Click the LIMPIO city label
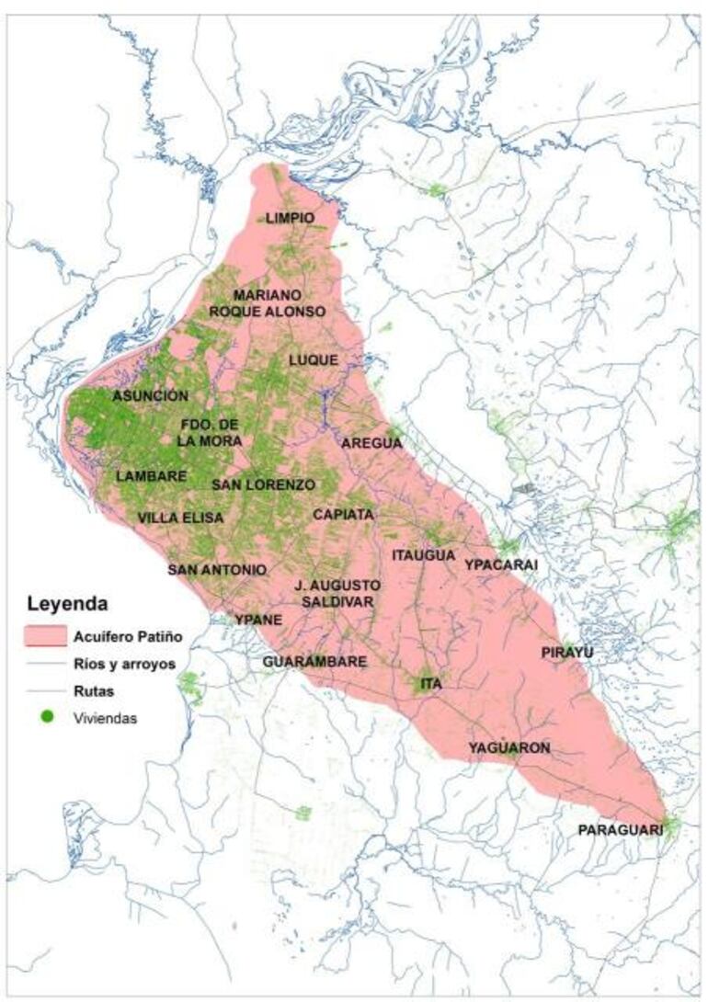pos(290,218)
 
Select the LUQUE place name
pos(313,359)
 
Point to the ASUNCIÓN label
pos(150,395)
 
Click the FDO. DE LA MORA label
pos(211,433)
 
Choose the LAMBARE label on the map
pos(152,476)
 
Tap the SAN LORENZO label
pos(263,484)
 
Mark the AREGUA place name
pos(371,443)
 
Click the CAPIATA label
pos(342,515)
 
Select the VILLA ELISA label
pos(180,518)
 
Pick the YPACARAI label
pos(500,564)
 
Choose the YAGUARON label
pos(508,747)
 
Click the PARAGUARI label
pos(621,830)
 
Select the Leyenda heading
pos(68,605)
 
